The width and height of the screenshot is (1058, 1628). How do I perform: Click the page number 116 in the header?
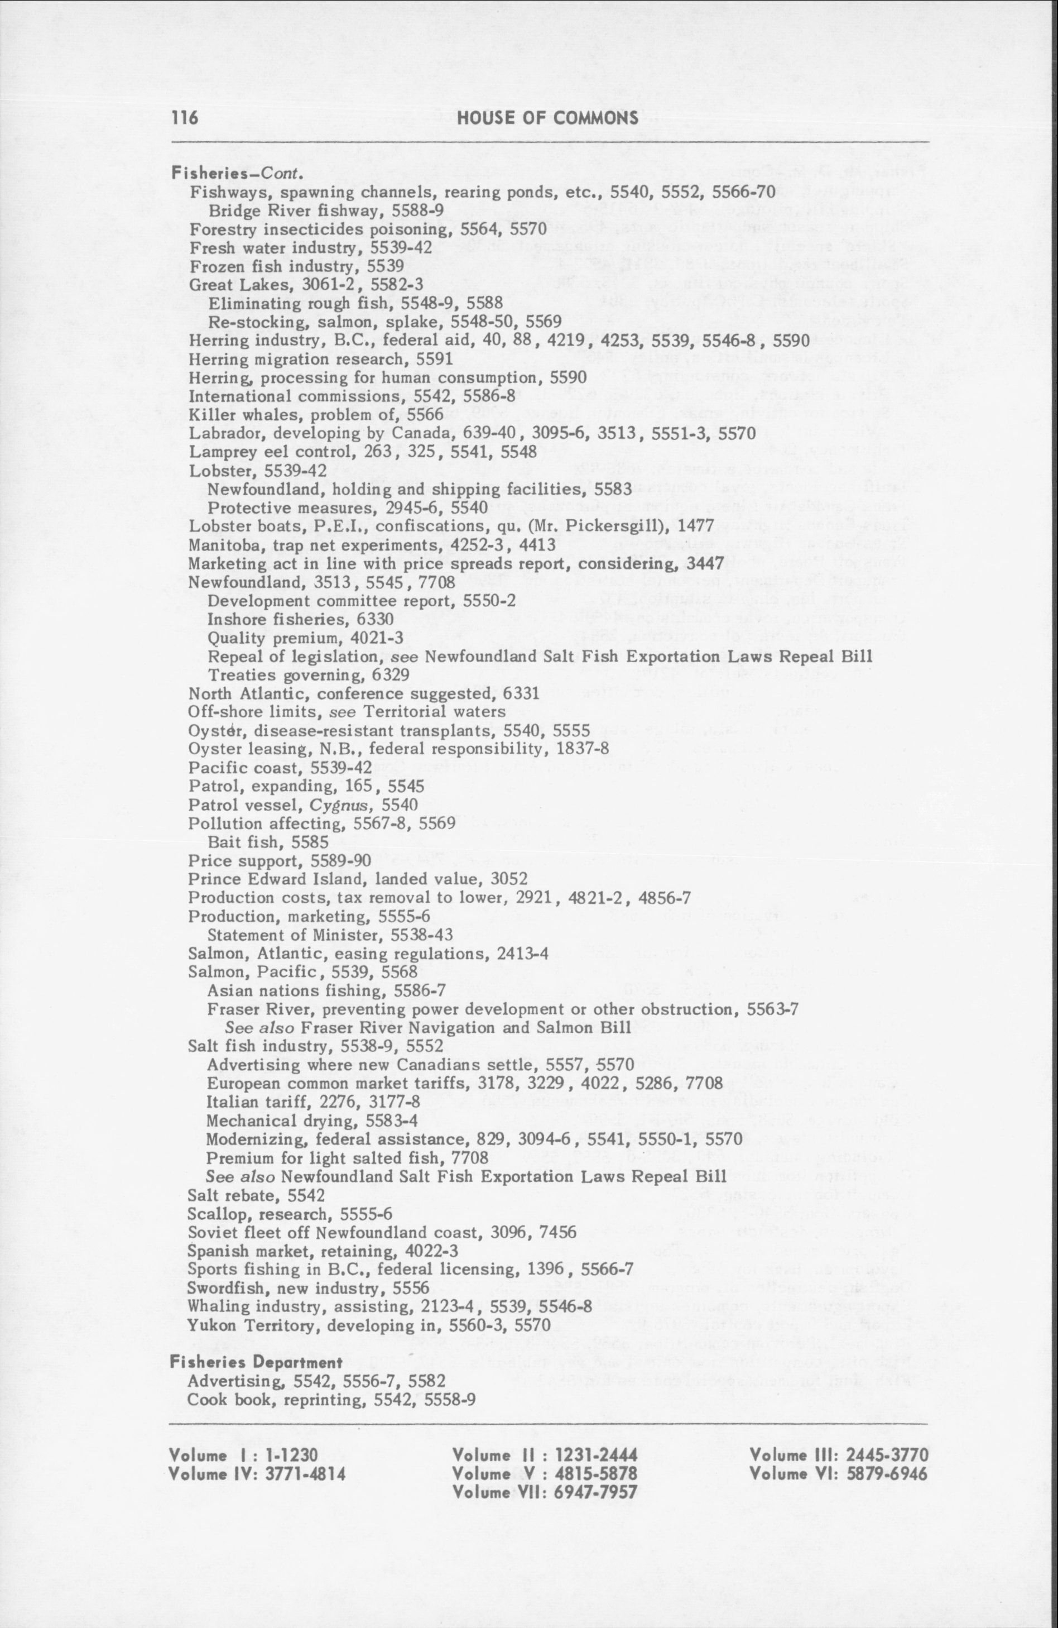coord(184,118)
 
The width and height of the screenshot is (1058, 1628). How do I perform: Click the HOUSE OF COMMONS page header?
coord(547,118)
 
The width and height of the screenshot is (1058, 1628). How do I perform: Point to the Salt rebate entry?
coord(257,1196)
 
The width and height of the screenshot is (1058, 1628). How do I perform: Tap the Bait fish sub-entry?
coord(268,842)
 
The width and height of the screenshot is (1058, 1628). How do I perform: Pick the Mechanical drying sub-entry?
coord(312,1121)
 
